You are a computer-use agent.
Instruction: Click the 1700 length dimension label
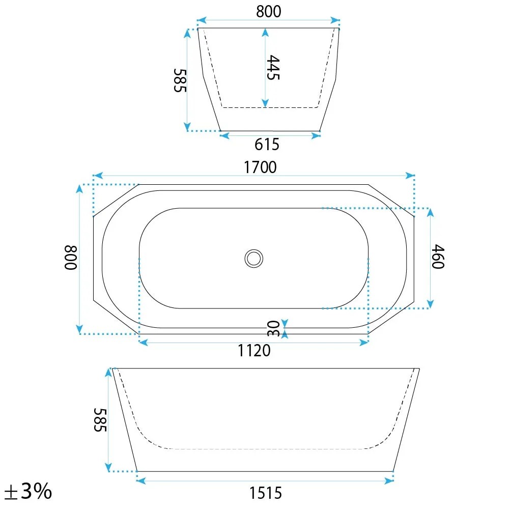pos(260,167)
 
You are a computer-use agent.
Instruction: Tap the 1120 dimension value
pos(254,351)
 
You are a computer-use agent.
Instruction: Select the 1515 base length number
pos(266,493)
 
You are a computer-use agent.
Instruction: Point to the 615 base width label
pos(267,145)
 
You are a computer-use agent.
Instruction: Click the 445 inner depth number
pos(273,68)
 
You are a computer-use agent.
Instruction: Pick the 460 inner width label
pos(438,257)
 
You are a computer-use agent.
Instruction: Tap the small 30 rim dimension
pos(273,328)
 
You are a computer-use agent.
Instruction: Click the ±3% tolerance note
pos(28,491)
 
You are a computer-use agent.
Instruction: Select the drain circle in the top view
pos(254,259)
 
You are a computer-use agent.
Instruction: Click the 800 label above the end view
pos(268,12)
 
